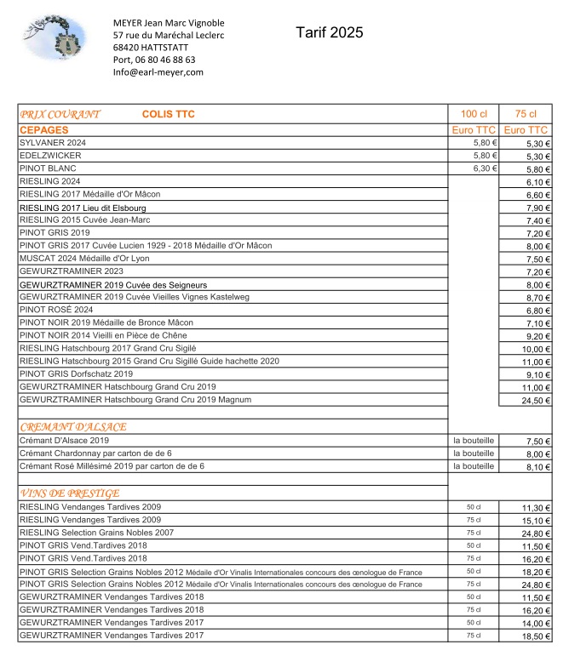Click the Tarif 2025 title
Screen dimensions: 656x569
pyautogui.click(x=330, y=33)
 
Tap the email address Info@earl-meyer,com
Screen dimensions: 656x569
pyautogui.click(x=158, y=72)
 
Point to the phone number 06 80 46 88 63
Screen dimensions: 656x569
pyautogui.click(x=167, y=60)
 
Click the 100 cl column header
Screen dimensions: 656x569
pyautogui.click(x=474, y=114)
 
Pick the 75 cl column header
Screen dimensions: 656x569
pyautogui.click(x=526, y=114)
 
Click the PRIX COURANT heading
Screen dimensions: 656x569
pyautogui.click(x=60, y=114)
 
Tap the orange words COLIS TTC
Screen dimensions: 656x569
pyautogui.click(x=169, y=114)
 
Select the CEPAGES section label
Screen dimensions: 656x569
pyautogui.click(x=43, y=130)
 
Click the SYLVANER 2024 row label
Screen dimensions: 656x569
pyautogui.click(x=53, y=143)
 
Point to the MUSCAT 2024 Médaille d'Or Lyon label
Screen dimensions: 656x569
pyautogui.click(x=91, y=259)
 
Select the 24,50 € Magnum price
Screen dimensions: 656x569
pyautogui.click(x=536, y=400)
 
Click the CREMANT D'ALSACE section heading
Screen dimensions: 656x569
pyautogui.click(x=72, y=426)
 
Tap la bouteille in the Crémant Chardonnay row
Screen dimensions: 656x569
pyautogui.click(x=474, y=453)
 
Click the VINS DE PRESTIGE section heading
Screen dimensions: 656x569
pyautogui.click(x=69, y=493)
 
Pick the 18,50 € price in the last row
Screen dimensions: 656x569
pyautogui.click(x=536, y=636)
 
